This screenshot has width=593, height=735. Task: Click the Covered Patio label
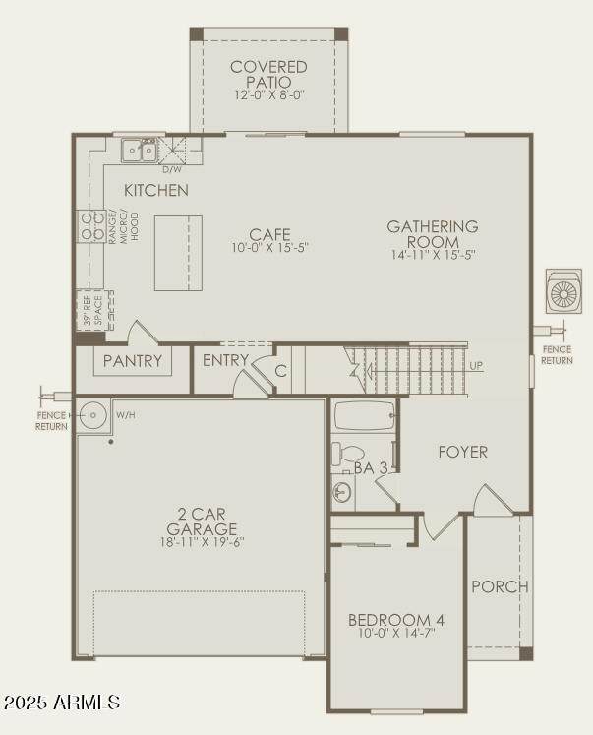(x=268, y=74)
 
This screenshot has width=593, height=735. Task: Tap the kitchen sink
(x=139, y=150)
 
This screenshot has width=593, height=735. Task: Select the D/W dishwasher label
(x=172, y=169)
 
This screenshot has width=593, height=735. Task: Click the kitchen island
(x=178, y=253)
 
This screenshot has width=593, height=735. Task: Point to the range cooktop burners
(x=91, y=226)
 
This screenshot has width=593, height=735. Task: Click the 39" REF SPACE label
(x=92, y=310)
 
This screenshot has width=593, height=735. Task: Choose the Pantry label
(x=133, y=360)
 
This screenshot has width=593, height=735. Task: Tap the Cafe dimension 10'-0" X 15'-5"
(x=269, y=248)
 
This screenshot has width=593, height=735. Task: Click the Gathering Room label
(x=433, y=234)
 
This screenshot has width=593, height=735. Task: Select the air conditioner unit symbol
(x=563, y=291)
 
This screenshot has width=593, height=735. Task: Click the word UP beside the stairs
(x=476, y=366)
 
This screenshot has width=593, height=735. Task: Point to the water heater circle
(x=92, y=415)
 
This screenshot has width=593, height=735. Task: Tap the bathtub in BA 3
(x=365, y=415)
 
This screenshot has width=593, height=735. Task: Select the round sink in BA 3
(x=342, y=492)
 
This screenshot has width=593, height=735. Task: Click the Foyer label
(x=463, y=452)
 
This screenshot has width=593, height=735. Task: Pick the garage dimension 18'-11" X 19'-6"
(x=202, y=542)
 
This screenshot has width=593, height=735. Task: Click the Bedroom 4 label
(x=395, y=620)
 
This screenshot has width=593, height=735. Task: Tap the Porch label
(x=500, y=586)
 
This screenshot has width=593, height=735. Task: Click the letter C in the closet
(x=280, y=371)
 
